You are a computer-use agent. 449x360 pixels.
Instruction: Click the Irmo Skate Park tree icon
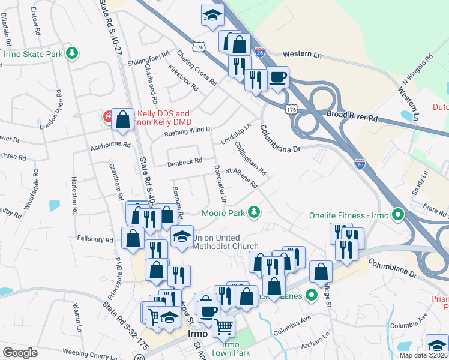click(x=72, y=53)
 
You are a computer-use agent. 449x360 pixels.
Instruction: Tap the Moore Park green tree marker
click(x=255, y=212)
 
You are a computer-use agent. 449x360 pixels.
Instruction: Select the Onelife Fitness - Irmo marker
click(x=397, y=214)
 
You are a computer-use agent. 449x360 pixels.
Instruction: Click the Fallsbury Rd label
click(x=95, y=239)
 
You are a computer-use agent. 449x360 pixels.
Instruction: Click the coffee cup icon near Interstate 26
click(x=278, y=77)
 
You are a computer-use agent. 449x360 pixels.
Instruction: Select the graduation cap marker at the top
click(x=212, y=15)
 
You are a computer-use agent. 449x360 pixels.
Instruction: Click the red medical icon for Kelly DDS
click(x=109, y=115)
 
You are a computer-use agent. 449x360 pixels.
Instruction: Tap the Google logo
click(x=20, y=353)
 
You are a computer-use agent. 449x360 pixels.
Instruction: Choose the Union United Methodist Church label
click(x=225, y=242)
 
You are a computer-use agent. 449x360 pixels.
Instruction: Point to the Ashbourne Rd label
click(x=110, y=145)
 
